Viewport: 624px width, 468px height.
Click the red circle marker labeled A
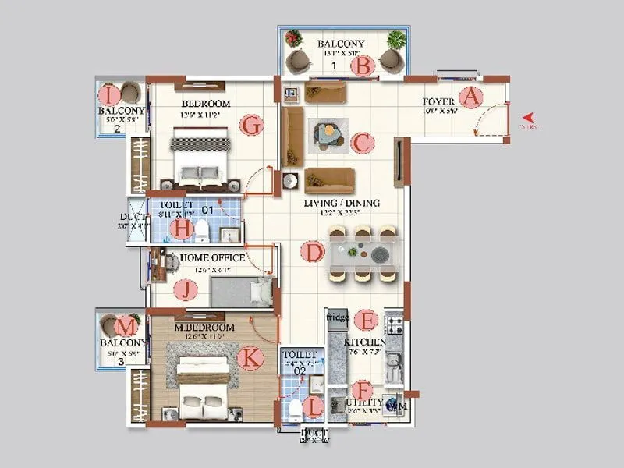pyautogui.click(x=470, y=97)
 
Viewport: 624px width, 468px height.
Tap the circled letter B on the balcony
pyautogui.click(x=362, y=66)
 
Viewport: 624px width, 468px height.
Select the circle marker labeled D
pyautogui.click(x=312, y=252)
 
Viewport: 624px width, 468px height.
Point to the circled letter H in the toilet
pyautogui.click(x=182, y=229)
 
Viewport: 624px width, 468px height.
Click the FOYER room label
pyautogui.click(x=439, y=102)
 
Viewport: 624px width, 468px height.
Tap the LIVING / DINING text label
pyautogui.click(x=342, y=204)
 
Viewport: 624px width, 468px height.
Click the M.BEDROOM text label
pyautogui.click(x=205, y=328)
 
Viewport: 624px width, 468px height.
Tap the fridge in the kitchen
pyautogui.click(x=337, y=318)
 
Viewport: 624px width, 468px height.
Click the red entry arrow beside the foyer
pyautogui.click(x=526, y=120)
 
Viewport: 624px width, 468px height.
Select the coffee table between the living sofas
pyautogui.click(x=328, y=134)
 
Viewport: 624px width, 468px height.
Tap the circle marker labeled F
pyautogui.click(x=361, y=390)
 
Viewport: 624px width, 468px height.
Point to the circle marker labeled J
pyautogui.click(x=186, y=290)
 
